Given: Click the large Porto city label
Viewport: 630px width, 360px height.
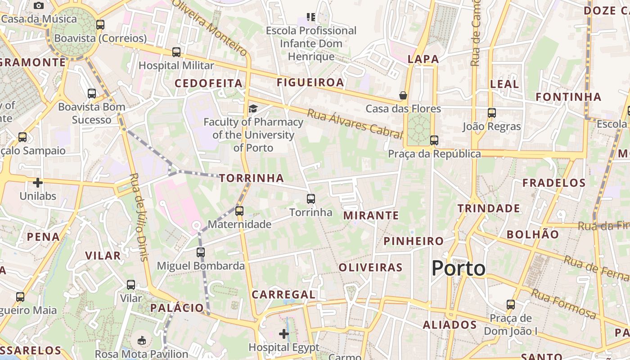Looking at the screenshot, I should (x=459, y=269).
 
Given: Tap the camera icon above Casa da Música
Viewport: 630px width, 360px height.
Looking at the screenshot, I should (x=39, y=5).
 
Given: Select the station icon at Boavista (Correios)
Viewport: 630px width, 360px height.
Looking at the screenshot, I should (x=100, y=25).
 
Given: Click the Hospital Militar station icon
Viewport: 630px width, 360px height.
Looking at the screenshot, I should (x=176, y=52).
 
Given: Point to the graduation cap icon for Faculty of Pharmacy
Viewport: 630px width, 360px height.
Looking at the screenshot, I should (x=253, y=108).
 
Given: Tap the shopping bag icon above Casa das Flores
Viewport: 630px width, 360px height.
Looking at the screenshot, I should (x=403, y=95).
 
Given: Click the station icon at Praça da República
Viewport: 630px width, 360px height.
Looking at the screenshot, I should (x=434, y=140).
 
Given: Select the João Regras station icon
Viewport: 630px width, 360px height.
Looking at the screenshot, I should (x=492, y=113).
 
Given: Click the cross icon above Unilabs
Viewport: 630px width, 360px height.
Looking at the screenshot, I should (x=38, y=183).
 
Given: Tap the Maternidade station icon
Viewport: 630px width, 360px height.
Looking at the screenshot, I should (x=239, y=211).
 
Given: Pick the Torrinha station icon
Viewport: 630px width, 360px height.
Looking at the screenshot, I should (x=311, y=199).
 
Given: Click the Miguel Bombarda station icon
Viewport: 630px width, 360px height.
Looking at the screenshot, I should (x=201, y=252).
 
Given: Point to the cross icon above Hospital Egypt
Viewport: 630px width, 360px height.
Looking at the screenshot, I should (x=284, y=334).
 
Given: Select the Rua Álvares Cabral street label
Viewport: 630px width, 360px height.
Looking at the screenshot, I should (x=355, y=123).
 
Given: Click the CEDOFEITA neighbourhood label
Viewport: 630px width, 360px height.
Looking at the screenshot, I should (x=209, y=83).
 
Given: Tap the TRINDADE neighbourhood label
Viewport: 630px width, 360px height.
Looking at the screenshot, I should (x=489, y=208).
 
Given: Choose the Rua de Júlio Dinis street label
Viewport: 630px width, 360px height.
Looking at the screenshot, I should (x=139, y=217).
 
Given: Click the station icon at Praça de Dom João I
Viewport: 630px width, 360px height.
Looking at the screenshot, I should (x=511, y=305).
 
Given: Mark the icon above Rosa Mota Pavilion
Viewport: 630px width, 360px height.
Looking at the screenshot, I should (x=142, y=341).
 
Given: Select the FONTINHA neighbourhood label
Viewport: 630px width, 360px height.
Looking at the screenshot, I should (x=568, y=97).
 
